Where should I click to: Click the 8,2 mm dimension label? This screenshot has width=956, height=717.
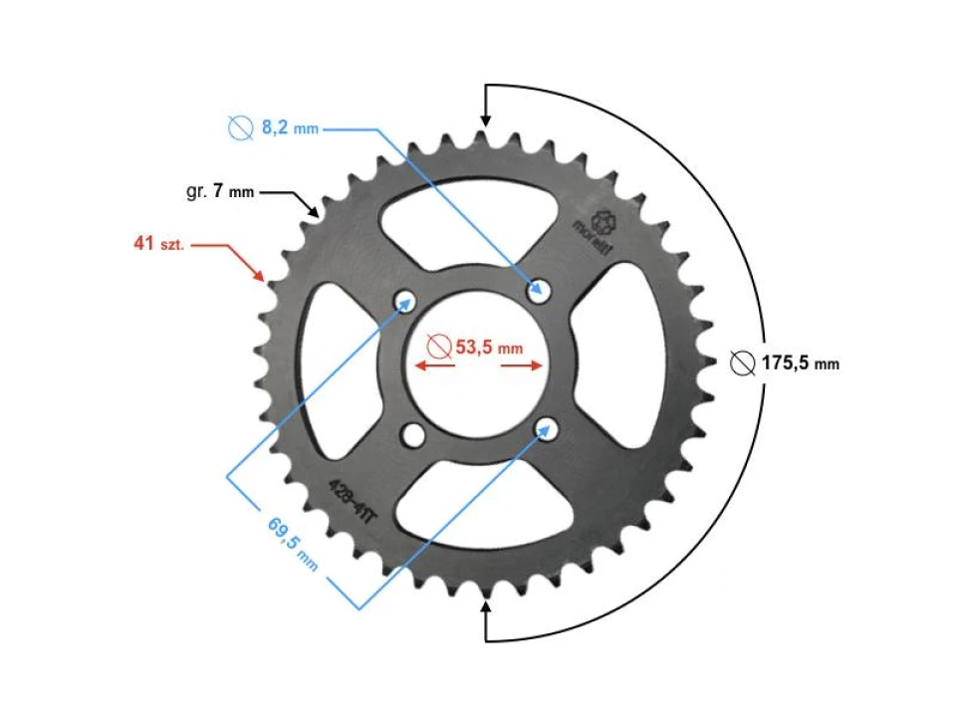(x=290, y=128)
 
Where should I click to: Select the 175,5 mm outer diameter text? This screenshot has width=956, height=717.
(x=800, y=363)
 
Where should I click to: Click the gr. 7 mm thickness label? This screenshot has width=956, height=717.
(x=220, y=191)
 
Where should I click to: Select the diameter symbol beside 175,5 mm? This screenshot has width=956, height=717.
(x=742, y=363)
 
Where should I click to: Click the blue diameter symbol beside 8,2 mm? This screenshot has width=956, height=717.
(x=239, y=128)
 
